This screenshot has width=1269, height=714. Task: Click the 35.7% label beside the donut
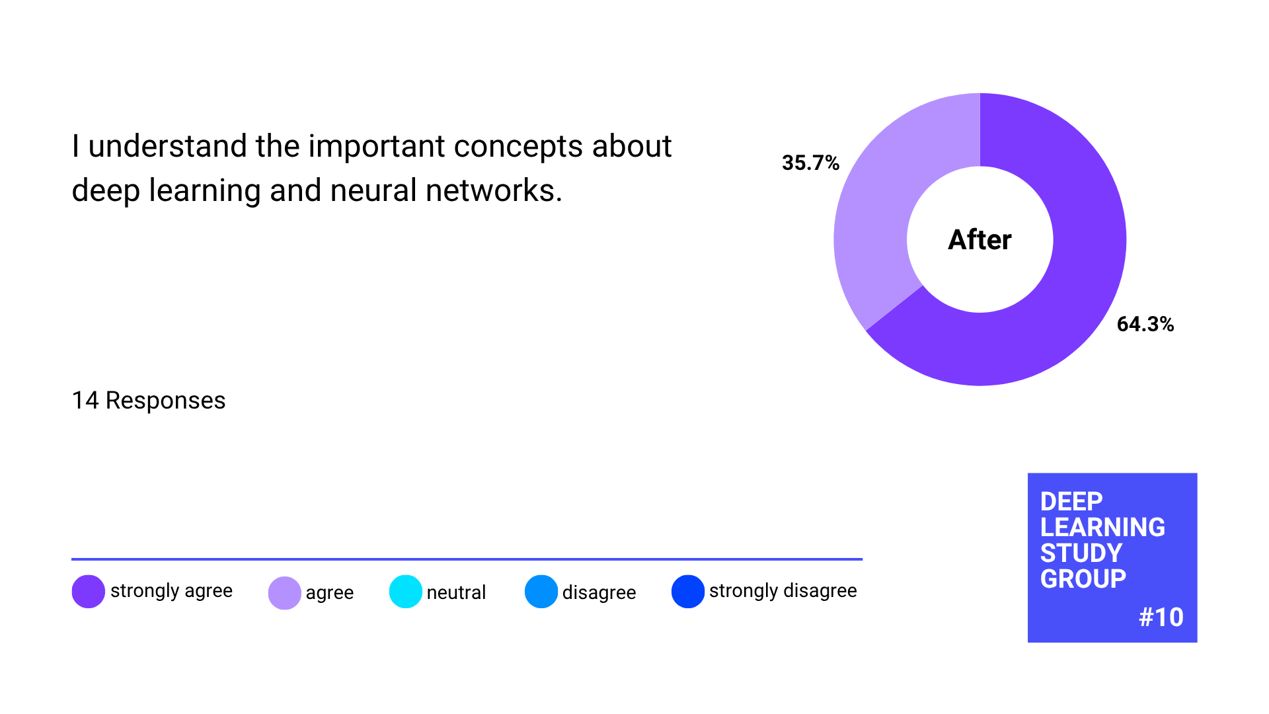click(x=810, y=163)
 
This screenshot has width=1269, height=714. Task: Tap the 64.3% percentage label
click(x=1145, y=324)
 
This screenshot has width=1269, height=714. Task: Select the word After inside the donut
click(x=980, y=239)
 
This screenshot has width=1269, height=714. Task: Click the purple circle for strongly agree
click(x=89, y=591)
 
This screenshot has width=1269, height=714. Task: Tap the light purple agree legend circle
click(x=285, y=593)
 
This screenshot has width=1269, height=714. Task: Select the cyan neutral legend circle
click(x=406, y=592)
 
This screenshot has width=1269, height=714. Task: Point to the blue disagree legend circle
click(x=541, y=592)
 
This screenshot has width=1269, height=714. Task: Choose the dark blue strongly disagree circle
click(x=688, y=592)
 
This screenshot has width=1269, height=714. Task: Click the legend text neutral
click(x=456, y=592)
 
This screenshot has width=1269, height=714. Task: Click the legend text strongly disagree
click(x=783, y=590)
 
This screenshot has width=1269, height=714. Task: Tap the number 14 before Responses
click(x=85, y=401)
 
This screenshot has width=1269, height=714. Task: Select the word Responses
click(x=166, y=401)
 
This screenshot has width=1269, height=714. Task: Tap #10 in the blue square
click(x=1161, y=617)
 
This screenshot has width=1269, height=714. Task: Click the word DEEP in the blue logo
click(x=1071, y=502)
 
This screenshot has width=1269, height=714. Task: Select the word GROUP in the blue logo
click(x=1083, y=579)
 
